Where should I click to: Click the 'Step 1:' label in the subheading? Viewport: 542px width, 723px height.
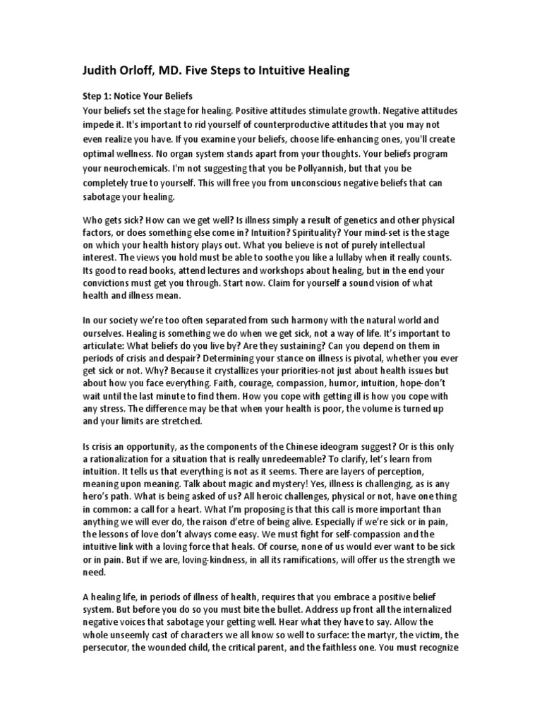pos(99,96)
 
